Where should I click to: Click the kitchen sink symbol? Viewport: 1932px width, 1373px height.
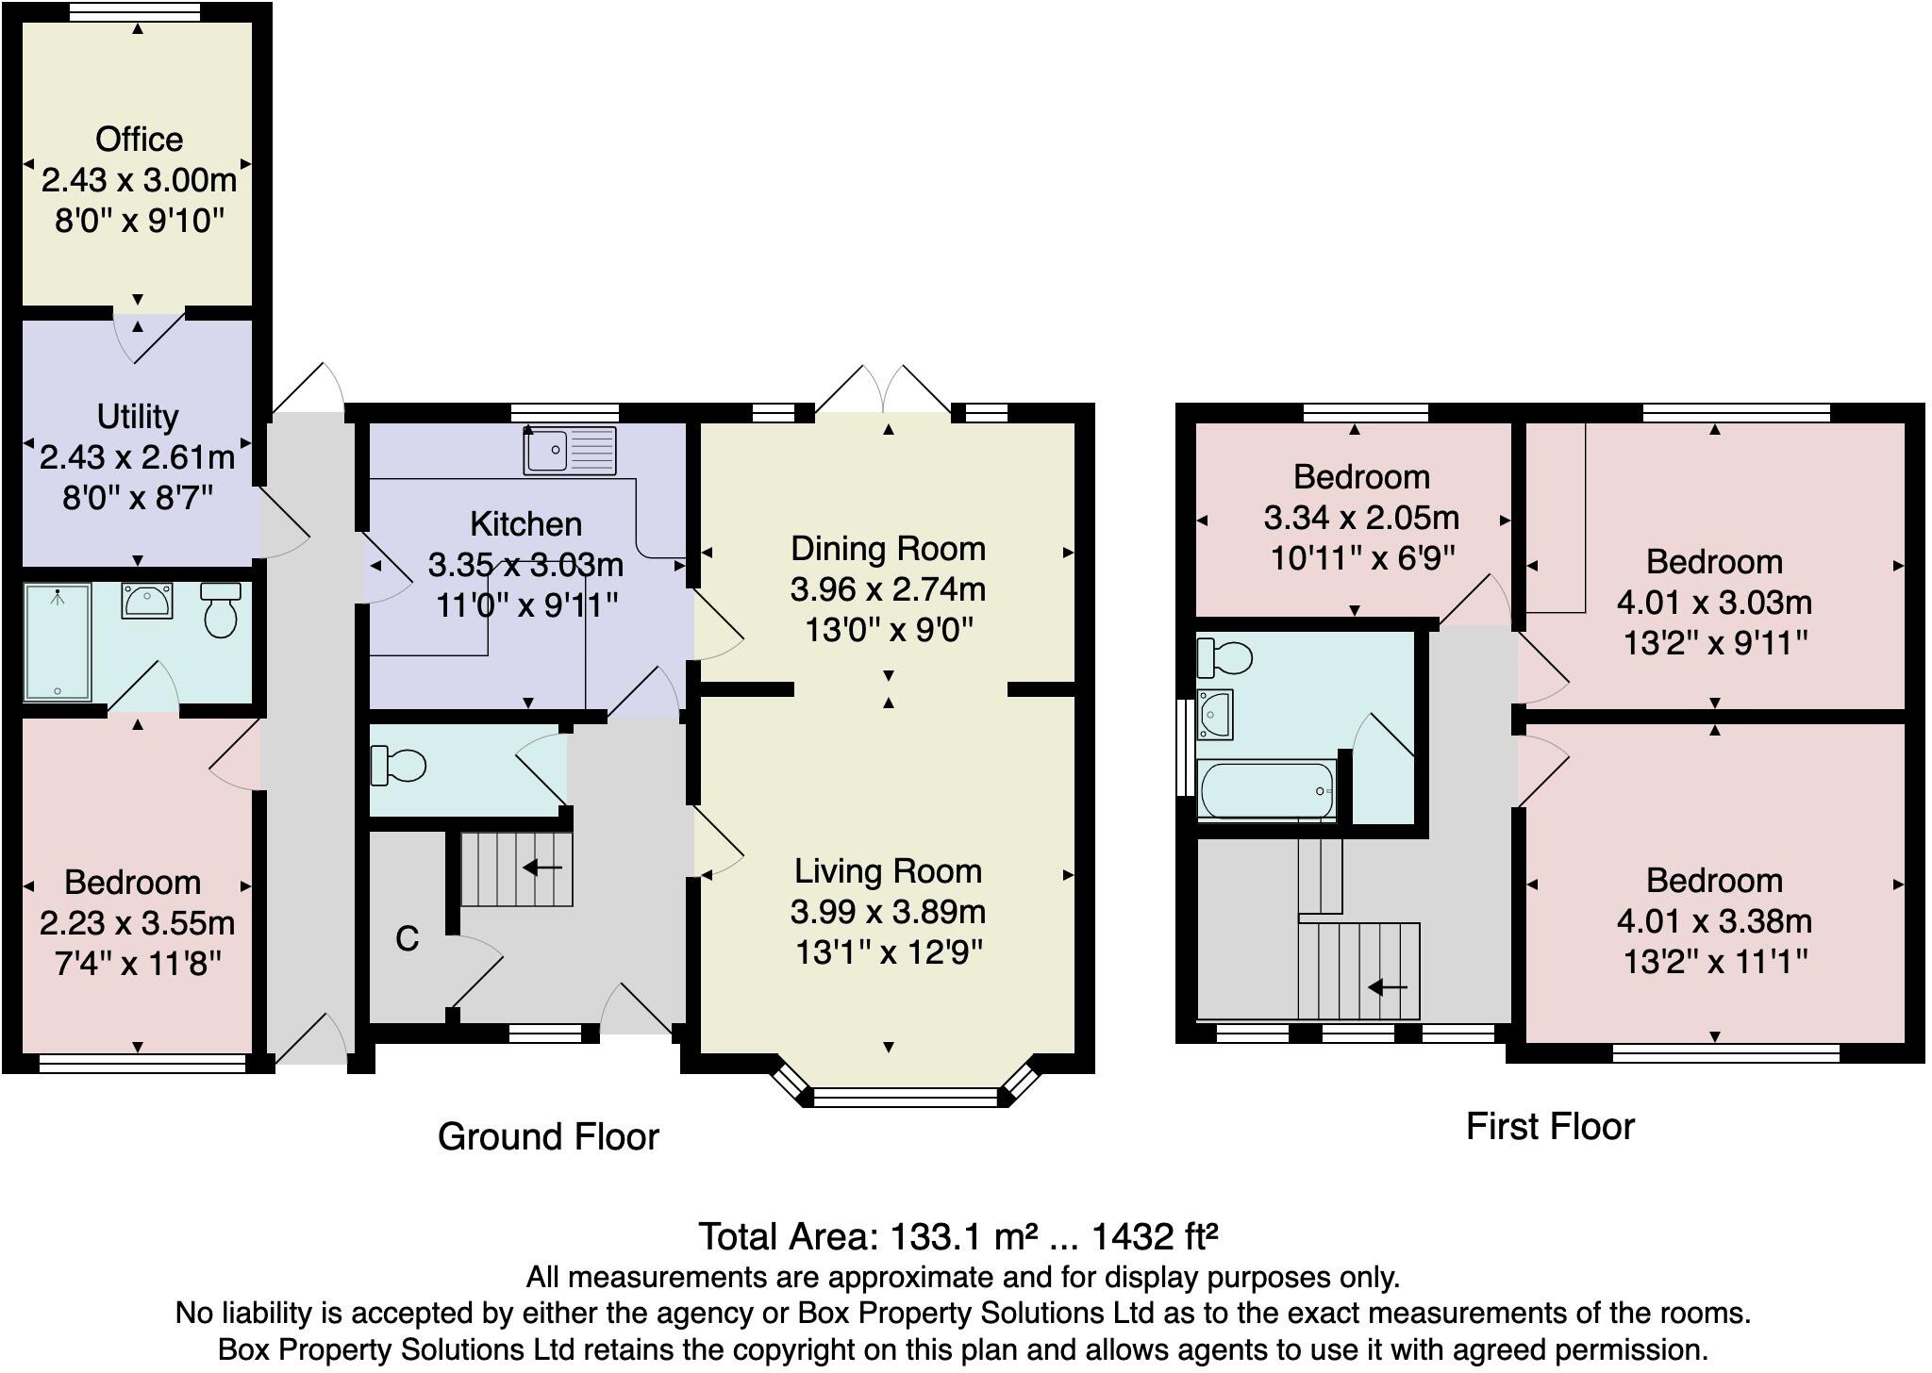[570, 450]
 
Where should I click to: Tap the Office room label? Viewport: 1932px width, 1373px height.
[139, 140]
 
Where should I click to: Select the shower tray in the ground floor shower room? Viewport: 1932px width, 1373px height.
[58, 642]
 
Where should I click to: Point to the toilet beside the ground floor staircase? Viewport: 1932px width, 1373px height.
[398, 765]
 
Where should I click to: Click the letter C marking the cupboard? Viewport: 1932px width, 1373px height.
[407, 938]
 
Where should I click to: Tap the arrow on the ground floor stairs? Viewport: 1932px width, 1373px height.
[542, 867]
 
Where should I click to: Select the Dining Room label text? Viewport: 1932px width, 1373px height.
[888, 548]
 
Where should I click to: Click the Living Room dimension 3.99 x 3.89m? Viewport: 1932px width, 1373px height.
[888, 912]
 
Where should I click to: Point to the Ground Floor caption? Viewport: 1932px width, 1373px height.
[548, 1136]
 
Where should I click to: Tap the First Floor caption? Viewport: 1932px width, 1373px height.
[1550, 1126]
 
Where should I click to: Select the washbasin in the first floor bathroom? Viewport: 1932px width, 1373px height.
[1214, 714]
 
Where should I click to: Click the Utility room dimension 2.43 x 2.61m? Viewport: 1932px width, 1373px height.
[138, 457]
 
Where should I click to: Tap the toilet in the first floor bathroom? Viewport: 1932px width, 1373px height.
[1224, 658]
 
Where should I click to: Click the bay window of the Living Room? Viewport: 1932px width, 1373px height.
[905, 1096]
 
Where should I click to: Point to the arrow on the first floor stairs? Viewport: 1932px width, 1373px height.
[1388, 987]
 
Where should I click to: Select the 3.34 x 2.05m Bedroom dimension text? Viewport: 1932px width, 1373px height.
[1361, 518]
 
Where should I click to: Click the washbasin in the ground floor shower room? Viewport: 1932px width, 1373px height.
[147, 600]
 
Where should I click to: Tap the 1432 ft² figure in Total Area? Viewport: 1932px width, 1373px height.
[1155, 1235]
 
